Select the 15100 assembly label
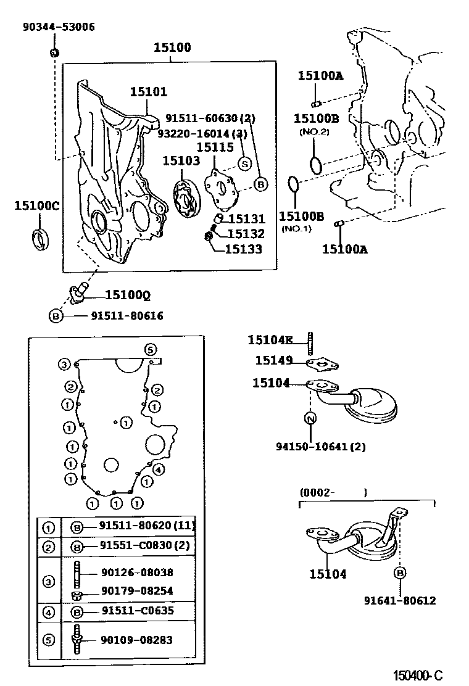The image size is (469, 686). coord(172,48)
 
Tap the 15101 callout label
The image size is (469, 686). coord(148,92)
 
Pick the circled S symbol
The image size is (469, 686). coord(244,163)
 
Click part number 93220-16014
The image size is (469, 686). coord(202,133)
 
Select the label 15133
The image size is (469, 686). coord(243,249)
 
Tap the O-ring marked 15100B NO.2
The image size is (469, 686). coord(315,165)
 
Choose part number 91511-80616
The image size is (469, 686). coord(127,316)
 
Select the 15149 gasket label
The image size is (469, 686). coord(273,360)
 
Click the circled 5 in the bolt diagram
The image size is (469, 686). coord(151,349)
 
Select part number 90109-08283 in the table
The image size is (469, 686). coord(136,640)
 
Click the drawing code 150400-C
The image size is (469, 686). coord(418,675)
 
